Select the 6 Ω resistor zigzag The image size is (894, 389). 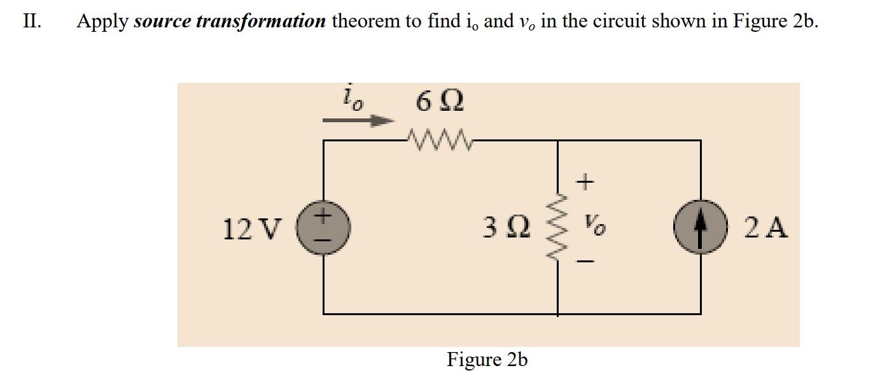pyautogui.click(x=439, y=139)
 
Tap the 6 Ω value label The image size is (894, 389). pyautogui.click(x=439, y=101)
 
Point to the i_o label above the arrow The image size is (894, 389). pyautogui.click(x=351, y=98)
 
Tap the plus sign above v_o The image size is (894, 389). pyautogui.click(x=586, y=183)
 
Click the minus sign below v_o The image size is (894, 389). pyautogui.click(x=587, y=261)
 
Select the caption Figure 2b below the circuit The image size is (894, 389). pyautogui.click(x=487, y=360)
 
